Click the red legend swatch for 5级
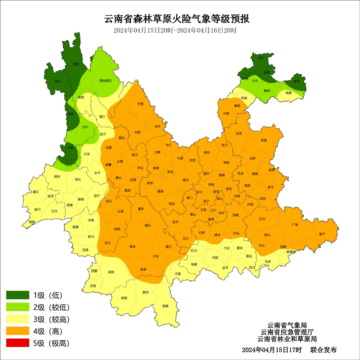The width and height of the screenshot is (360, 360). [17, 343]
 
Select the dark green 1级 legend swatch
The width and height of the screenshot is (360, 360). [17, 295]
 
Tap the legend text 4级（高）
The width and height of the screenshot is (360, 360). [48, 331]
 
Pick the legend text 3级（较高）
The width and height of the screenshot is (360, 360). [51, 319]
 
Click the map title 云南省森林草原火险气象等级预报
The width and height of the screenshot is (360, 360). [177, 19]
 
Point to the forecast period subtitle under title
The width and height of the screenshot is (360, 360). [175, 30]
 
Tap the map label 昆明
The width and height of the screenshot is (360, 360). [211, 184]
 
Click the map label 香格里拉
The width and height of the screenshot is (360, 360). [105, 81]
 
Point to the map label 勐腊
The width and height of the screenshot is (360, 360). [165, 306]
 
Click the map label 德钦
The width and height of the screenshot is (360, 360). [76, 64]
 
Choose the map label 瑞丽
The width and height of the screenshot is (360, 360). [32, 221]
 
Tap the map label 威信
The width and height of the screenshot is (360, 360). [296, 81]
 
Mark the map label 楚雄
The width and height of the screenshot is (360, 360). [160, 191]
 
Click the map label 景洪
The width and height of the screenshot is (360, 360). [146, 292]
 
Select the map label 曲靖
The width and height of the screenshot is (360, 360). [255, 174]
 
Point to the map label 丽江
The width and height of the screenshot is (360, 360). [102, 117]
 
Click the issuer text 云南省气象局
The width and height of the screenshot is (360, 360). [287, 325]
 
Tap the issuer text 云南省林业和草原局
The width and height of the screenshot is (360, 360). [287, 339]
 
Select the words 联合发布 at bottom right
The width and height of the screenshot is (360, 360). [323, 350]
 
